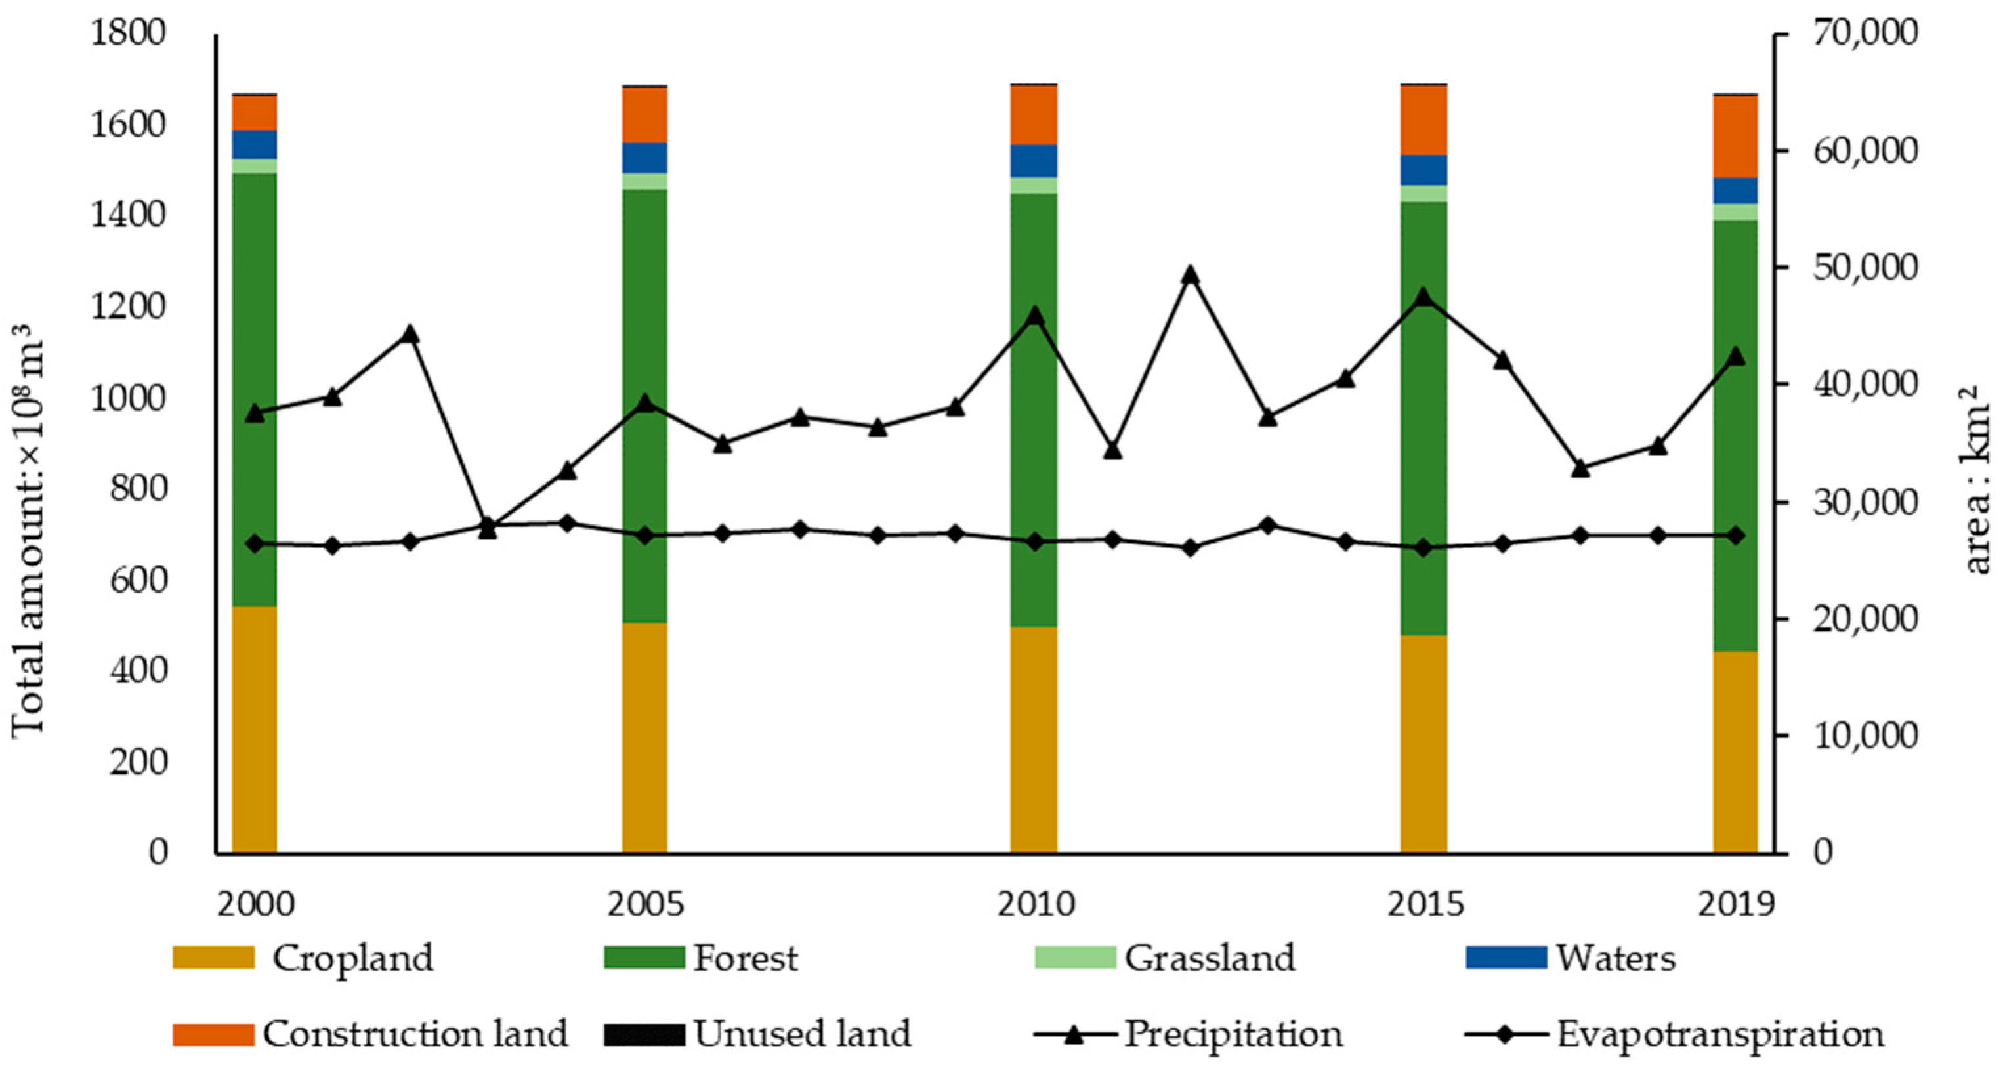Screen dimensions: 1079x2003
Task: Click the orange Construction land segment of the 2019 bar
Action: tap(1735, 136)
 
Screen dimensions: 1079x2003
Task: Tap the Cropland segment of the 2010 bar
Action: tap(1034, 738)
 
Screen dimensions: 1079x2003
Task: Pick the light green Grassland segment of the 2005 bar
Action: tap(644, 181)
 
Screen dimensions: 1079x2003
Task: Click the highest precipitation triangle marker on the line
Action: tap(1190, 275)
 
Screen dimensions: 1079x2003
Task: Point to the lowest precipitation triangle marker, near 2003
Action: tap(488, 530)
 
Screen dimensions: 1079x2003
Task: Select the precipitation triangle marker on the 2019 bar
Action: tap(1735, 357)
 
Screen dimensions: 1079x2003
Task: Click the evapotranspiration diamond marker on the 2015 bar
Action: tap(1423, 548)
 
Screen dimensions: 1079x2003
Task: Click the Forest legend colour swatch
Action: tap(644, 957)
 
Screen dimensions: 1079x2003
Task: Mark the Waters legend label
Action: tap(1615, 958)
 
